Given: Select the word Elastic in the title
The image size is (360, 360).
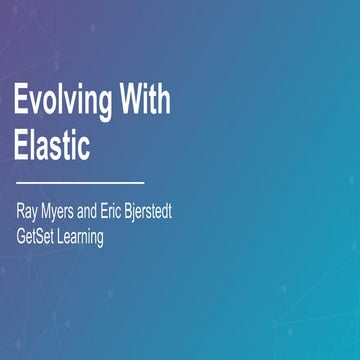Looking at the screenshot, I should coord(52,146).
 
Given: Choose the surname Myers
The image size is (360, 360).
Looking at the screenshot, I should coord(68,214).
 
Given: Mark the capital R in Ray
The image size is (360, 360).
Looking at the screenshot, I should coord(19,214).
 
